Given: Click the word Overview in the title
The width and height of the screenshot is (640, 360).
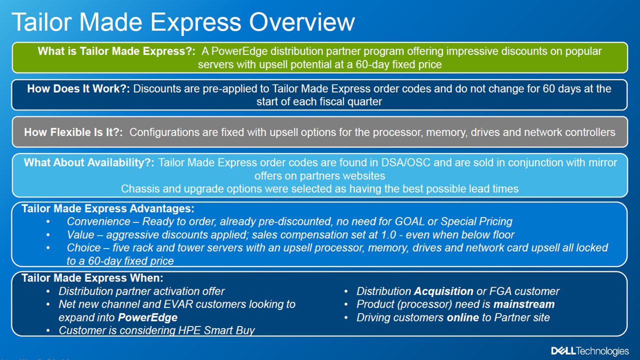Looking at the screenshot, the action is (302, 22).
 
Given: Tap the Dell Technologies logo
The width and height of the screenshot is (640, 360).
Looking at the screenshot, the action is (590, 351).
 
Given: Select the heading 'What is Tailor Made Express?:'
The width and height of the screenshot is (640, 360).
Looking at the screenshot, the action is (116, 51).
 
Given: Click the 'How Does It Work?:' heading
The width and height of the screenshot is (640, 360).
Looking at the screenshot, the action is (78, 88).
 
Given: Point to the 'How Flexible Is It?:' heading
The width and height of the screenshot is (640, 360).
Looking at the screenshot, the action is (73, 132).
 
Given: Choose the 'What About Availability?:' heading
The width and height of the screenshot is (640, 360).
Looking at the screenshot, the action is (89, 162).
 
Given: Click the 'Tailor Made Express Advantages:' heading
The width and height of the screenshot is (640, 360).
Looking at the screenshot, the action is (108, 208).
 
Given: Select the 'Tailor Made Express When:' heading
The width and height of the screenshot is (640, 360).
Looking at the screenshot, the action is (92, 278).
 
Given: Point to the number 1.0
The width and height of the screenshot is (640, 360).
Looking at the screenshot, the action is (388, 234).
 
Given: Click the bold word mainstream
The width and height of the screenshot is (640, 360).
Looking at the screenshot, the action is (524, 304).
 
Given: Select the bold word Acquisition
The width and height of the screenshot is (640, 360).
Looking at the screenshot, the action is (443, 291).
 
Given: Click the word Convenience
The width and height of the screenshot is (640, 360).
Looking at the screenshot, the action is (98, 221).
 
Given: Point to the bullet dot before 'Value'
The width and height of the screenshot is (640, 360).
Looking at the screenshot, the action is (48, 235).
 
